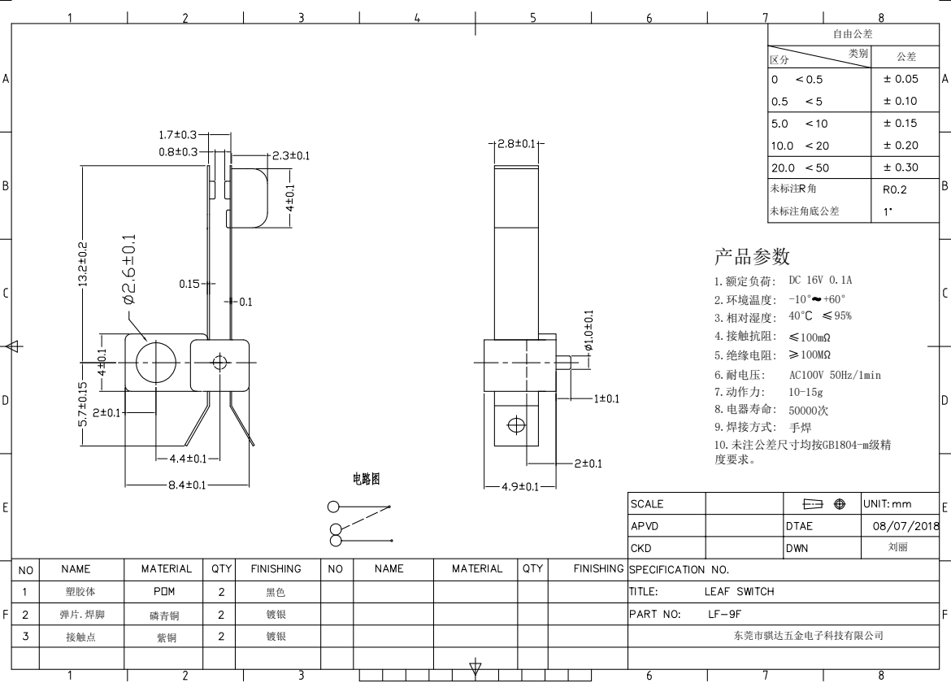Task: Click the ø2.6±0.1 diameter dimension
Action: [x=129, y=269]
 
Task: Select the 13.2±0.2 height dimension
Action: [x=83, y=264]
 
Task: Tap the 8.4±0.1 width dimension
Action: [x=188, y=485]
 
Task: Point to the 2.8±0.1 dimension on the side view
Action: [x=516, y=144]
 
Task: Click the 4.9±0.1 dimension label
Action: [x=519, y=486]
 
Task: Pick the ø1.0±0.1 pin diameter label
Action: [x=589, y=331]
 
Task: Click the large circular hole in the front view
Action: [x=156, y=363]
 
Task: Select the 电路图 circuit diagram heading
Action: [x=367, y=479]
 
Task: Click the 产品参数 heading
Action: [x=752, y=257]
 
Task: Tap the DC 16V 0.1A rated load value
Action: [x=820, y=281]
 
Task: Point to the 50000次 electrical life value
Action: [x=808, y=411]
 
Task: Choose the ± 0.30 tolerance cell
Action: [x=901, y=167]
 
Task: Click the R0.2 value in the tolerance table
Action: [x=895, y=189]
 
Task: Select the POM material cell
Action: [x=164, y=591]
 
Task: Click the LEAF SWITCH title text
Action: [x=740, y=591]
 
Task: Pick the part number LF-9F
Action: [x=725, y=614]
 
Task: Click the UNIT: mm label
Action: [x=888, y=504]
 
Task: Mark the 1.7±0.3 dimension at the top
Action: [x=178, y=135]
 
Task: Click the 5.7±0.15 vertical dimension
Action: [x=83, y=403]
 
